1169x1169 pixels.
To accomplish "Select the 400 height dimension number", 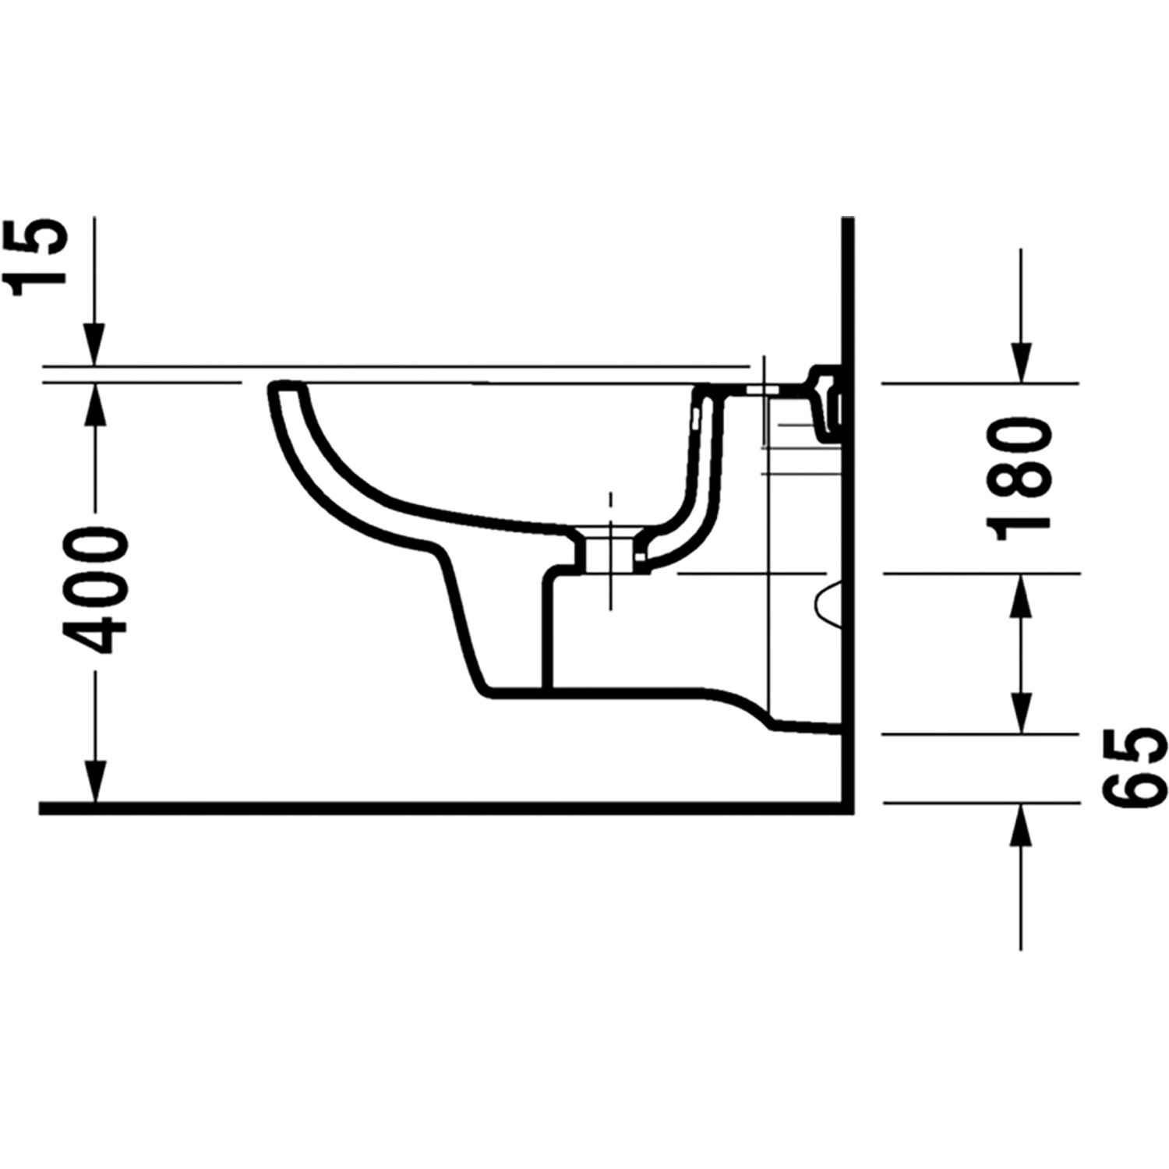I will point(95,591).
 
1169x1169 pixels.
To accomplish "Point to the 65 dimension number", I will point(1135,768).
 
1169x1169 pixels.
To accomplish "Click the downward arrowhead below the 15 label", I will point(94,346).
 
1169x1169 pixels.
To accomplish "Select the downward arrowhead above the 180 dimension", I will point(1021,363).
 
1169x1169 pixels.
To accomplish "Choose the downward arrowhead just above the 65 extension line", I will point(1021,714).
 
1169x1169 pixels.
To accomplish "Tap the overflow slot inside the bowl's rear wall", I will point(694,421).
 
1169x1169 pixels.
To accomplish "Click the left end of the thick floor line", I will point(43,808).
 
